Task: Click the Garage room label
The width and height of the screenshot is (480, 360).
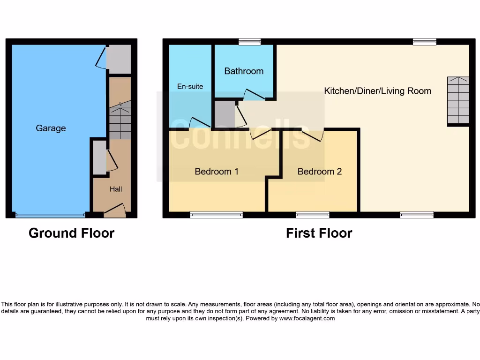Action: point(51,128)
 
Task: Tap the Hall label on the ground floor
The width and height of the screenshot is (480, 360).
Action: point(116,189)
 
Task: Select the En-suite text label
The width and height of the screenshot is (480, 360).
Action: point(190,86)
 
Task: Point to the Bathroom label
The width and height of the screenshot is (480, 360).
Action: point(244,71)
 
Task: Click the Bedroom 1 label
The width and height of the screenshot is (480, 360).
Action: point(217,172)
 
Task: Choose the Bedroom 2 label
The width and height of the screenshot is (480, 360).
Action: point(320,172)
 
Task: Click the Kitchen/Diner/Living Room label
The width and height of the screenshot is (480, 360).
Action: point(377,91)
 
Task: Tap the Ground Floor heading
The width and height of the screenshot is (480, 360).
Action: point(71,233)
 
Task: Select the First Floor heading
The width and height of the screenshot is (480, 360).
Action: point(319,233)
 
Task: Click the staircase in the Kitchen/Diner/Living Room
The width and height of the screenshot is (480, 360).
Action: point(458,100)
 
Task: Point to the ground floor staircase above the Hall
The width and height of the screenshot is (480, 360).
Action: point(120,121)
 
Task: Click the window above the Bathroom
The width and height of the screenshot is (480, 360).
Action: point(249,42)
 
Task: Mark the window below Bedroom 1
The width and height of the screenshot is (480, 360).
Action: point(217,215)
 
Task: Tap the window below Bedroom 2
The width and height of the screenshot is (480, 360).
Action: point(312,215)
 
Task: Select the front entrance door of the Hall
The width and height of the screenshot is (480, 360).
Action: point(115,211)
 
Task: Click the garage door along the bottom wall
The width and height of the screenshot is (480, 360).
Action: point(50,215)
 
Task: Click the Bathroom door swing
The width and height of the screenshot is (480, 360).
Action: point(254,95)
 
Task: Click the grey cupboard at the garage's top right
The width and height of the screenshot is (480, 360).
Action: point(118,59)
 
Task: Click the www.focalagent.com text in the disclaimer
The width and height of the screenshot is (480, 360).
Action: point(307,318)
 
